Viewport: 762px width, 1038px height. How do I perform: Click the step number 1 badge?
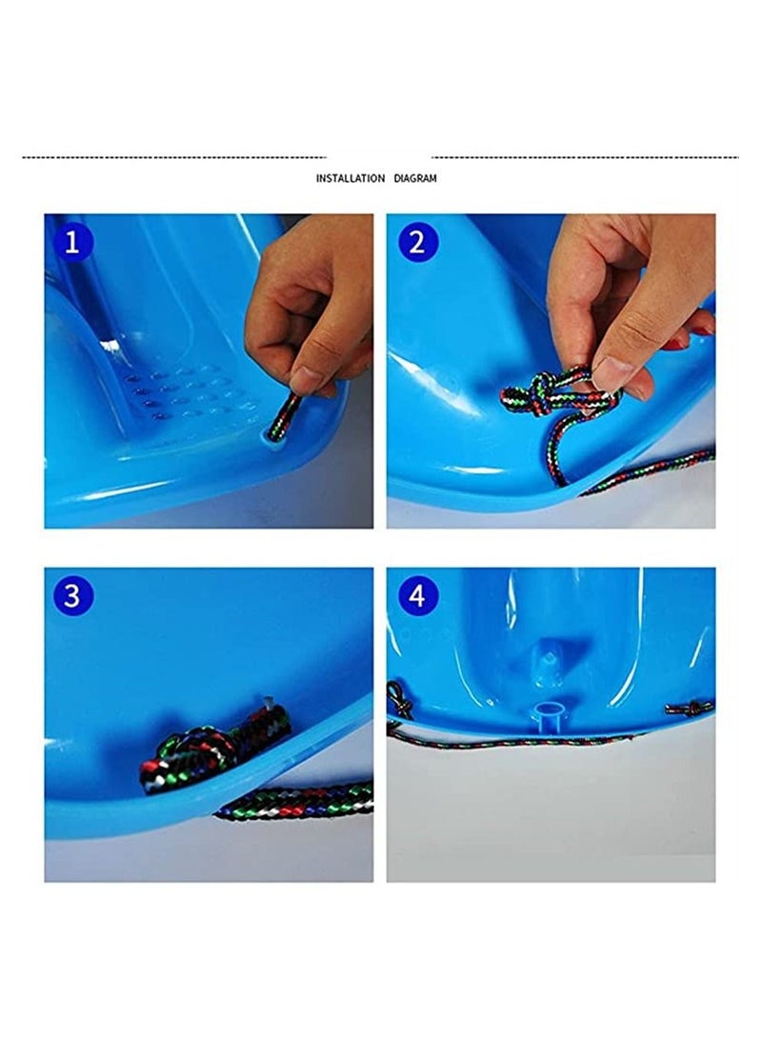72,242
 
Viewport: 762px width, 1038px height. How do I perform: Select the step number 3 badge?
72,596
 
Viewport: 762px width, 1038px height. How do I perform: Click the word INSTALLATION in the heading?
351,178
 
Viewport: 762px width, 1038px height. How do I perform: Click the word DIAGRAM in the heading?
415,178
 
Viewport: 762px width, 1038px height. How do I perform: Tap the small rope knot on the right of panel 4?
690,709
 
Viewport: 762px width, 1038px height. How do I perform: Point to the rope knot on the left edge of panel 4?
398,699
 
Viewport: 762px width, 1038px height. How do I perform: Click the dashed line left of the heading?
174,157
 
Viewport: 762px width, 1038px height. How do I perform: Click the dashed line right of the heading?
585,157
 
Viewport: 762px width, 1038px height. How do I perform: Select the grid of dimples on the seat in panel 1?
192,397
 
